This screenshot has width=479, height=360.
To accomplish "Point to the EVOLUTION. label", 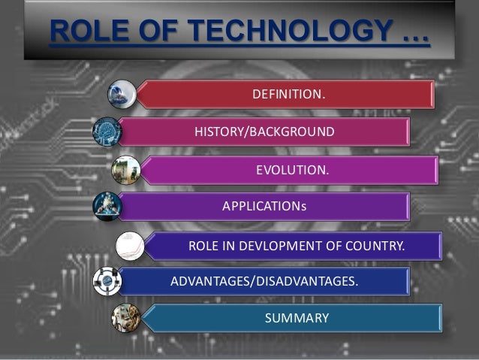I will [x=292, y=170].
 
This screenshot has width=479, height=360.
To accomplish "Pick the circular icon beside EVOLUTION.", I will [x=123, y=169].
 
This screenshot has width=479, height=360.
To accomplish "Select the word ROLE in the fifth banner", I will [x=202, y=246].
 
